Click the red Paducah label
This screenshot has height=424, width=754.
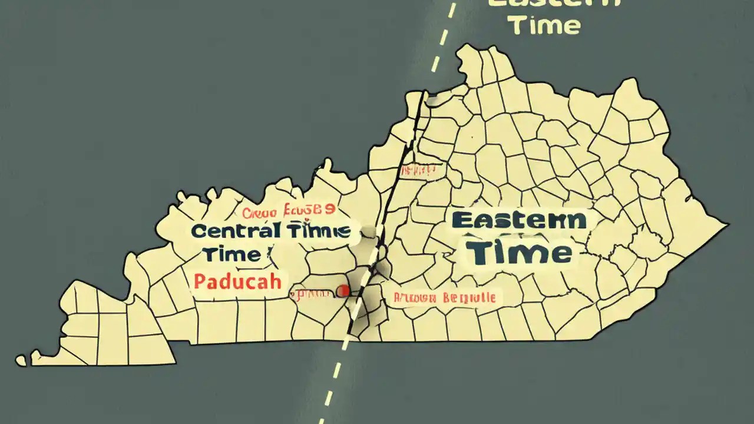[237, 281]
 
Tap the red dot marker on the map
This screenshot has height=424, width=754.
[342, 290]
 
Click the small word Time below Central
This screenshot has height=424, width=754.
[232, 255]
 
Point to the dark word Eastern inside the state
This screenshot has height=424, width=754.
[519, 221]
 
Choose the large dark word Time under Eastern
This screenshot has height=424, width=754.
[519, 253]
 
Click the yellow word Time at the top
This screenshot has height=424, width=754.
[544, 25]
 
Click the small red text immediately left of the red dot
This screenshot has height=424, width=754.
[312, 292]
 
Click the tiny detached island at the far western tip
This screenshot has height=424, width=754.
[21, 360]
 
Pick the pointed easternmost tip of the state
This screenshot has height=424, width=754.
[728, 224]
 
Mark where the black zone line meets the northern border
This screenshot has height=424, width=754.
[424, 92]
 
